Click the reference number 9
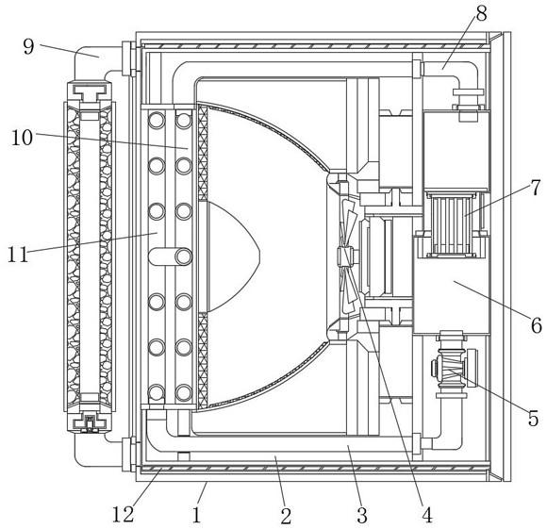point(29,47)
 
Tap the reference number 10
point(22,138)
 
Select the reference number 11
point(18,255)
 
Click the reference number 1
point(197,515)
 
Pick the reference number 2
point(286,516)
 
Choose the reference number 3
point(362,515)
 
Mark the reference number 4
point(426,514)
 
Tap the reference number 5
point(534,418)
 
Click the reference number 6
point(537,325)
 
